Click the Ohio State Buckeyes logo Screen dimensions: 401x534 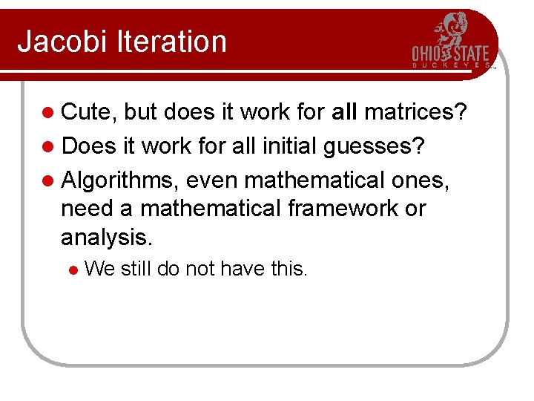click(451, 42)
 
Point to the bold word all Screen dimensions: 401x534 click(345, 113)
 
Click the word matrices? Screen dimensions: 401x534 click(415, 113)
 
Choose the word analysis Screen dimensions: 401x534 click(106, 238)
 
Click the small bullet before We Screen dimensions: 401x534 click(72, 270)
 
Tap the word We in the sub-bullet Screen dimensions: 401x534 click(99, 269)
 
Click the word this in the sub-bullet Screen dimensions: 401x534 click(289, 269)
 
